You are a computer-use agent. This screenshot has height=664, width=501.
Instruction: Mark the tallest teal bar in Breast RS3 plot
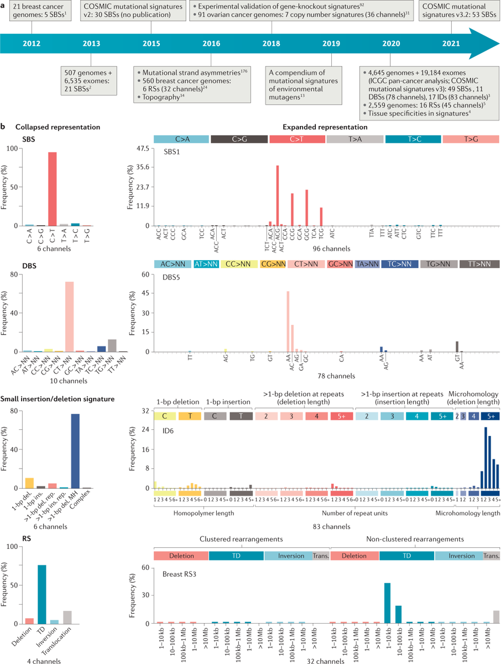click(388, 603)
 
